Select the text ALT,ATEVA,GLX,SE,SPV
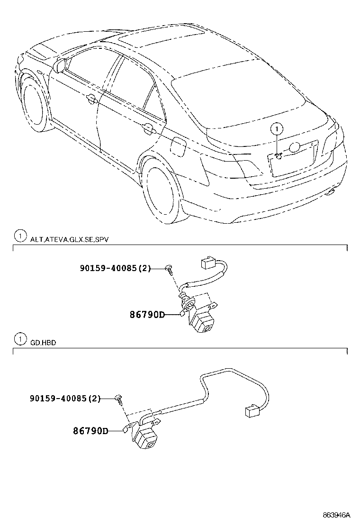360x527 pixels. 69,240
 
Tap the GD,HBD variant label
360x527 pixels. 43,343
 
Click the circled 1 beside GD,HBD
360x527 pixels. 19,339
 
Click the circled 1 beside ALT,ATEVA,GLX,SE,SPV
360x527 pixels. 19,236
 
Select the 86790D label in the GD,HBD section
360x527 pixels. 90,431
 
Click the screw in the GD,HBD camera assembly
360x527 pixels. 119,399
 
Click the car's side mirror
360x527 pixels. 60,65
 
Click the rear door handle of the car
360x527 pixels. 148,128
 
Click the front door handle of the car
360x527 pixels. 91,99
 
